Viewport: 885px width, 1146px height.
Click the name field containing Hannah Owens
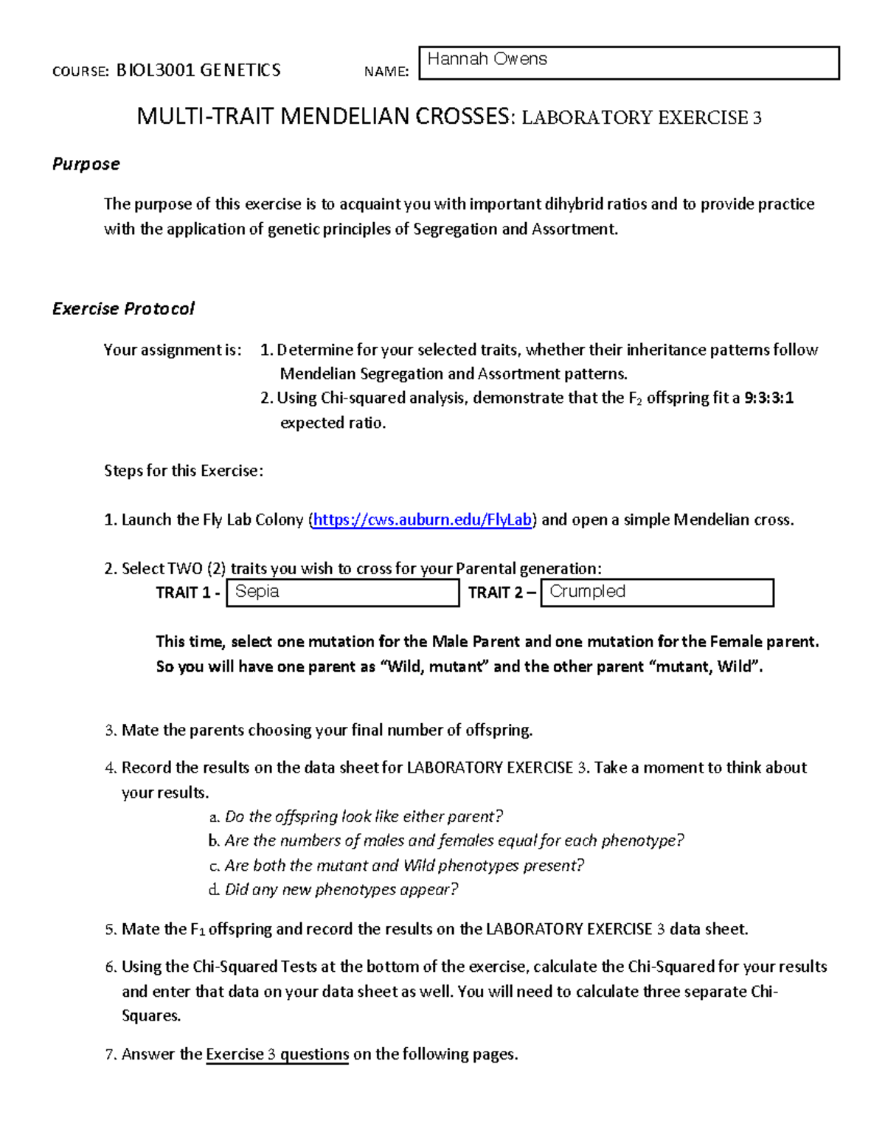[628, 63]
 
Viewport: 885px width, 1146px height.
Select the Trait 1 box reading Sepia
[342, 593]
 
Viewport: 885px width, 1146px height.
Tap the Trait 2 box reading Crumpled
[656, 593]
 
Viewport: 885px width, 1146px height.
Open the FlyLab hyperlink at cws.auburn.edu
[422, 520]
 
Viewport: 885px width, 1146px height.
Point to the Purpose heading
[86, 164]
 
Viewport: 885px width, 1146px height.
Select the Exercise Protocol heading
[123, 308]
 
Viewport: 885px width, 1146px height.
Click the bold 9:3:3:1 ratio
[768, 398]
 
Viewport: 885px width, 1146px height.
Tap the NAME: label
[386, 72]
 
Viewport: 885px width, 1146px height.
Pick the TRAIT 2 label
[502, 593]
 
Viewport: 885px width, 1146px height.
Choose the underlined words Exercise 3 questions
[277, 1054]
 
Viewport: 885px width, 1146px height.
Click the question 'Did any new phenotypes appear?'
[341, 890]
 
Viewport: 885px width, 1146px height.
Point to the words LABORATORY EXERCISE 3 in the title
[642, 118]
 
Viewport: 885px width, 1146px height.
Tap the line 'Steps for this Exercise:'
[184, 471]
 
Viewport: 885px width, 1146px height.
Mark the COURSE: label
[80, 72]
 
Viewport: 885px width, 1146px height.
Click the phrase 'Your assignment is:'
[173, 350]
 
